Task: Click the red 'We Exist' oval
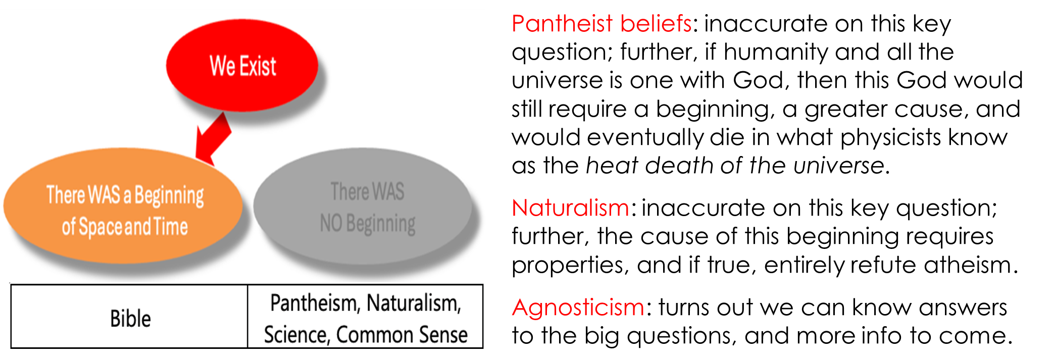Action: (242, 66)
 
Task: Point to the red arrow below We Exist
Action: (214, 138)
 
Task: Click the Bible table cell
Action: (129, 317)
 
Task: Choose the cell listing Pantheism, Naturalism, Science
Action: (365, 317)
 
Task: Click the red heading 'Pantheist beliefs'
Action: (601, 24)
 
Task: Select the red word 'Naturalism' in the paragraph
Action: (570, 208)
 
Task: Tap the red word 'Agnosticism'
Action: (578, 307)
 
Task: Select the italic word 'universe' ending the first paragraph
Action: (838, 166)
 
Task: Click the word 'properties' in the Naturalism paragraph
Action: (568, 266)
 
